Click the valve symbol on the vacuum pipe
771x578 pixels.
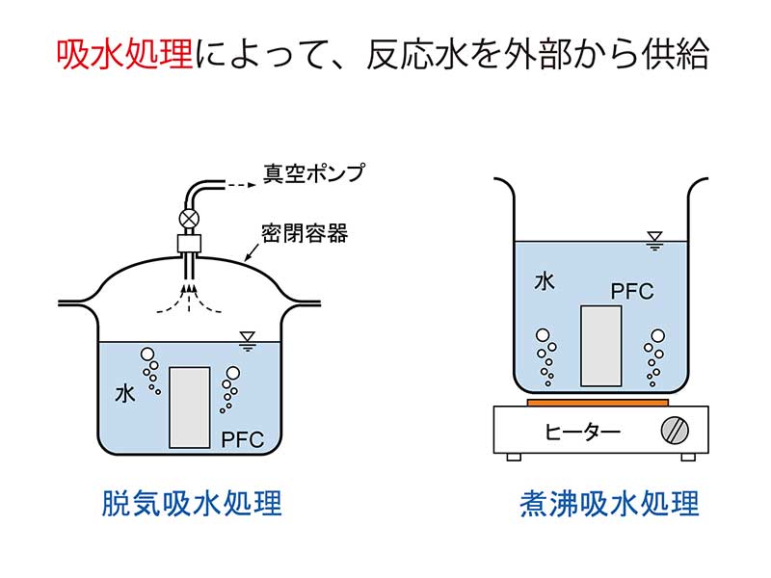(190, 218)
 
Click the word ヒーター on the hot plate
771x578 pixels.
(582, 430)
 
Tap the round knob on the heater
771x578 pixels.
(673, 430)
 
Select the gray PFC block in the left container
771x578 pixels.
(190, 407)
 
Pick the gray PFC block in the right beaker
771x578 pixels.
(600, 345)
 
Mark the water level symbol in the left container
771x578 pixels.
(247, 338)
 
